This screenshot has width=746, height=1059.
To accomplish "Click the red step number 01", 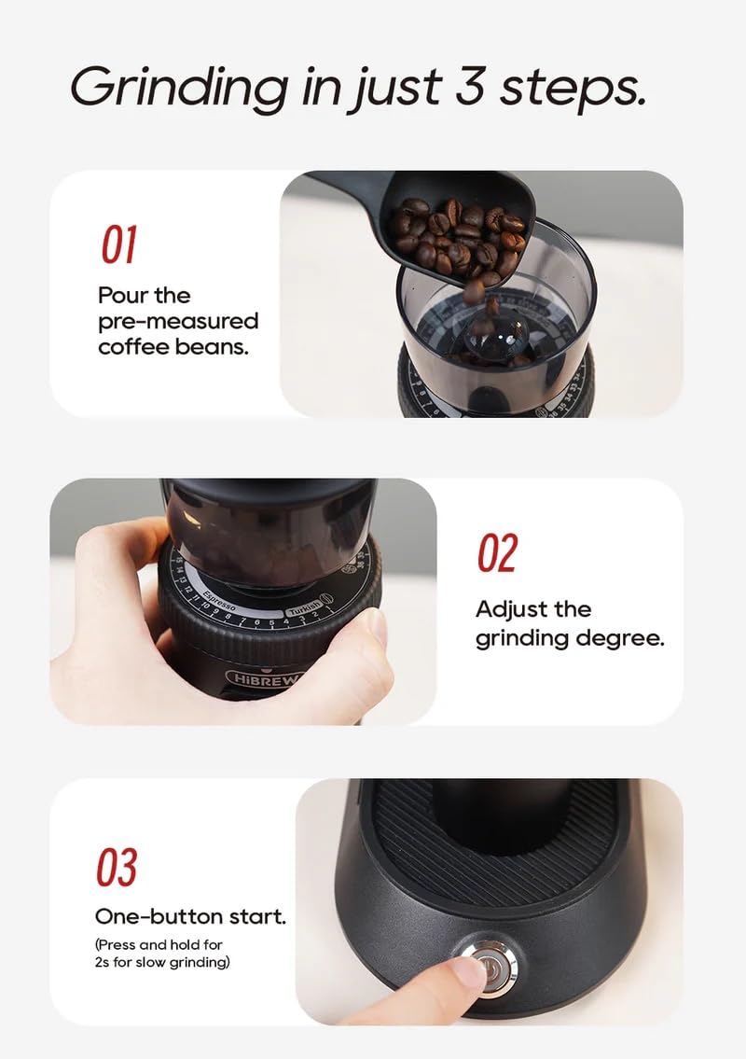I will point(119,244).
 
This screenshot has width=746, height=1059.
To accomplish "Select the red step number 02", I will point(497,554).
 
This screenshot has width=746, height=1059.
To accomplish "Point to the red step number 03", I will point(117,868).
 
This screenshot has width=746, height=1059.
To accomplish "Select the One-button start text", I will point(190,916).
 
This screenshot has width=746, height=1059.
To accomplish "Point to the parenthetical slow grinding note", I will point(162,954).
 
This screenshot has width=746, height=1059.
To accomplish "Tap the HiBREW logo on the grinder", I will point(261,677).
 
